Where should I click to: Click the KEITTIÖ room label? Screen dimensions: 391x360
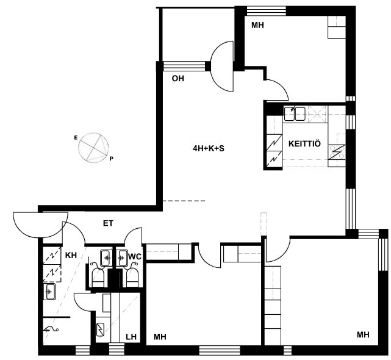pyautogui.click(x=304, y=144)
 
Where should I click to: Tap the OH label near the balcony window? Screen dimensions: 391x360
pyautogui.click(x=178, y=79)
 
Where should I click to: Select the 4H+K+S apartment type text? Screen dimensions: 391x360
pyautogui.click(x=209, y=148)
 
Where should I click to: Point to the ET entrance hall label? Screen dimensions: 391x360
pyautogui.click(x=108, y=223)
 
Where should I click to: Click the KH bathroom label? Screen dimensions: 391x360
pyautogui.click(x=71, y=255)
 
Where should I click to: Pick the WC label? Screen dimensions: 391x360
pyautogui.click(x=135, y=256)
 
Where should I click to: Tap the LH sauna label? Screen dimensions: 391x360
pyautogui.click(x=131, y=337)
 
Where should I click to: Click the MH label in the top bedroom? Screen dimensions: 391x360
pyautogui.click(x=257, y=25)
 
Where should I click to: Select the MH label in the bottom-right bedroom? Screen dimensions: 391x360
pyautogui.click(x=363, y=334)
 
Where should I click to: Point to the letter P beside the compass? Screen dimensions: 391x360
pyautogui.click(x=111, y=159)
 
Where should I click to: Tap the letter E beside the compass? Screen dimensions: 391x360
pyautogui.click(x=76, y=137)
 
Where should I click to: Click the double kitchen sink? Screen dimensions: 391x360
pyautogui.click(x=295, y=113)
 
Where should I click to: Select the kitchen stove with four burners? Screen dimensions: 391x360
pyautogui.click(x=337, y=152)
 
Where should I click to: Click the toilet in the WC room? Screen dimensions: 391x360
pyautogui.click(x=132, y=278)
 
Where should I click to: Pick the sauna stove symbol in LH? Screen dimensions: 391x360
pyautogui.click(x=101, y=329)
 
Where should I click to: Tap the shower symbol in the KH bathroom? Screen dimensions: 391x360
pyautogui.click(x=52, y=330)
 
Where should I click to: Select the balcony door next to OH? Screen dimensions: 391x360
pyautogui.click(x=222, y=66)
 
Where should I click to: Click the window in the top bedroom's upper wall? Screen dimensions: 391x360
pyautogui.click(x=266, y=11)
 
